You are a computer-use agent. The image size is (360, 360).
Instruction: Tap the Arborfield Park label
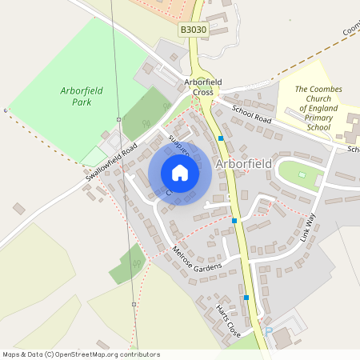click(x=81, y=97)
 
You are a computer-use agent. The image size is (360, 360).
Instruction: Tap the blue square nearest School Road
click(x=221, y=138)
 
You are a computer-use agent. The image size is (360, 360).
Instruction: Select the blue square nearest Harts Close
click(x=246, y=298)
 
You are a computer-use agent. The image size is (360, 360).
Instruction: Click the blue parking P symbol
click(x=268, y=330)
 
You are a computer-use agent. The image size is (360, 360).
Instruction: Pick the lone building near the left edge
click(x=18, y=209)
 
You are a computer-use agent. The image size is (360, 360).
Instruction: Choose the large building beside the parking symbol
click(x=282, y=338)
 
